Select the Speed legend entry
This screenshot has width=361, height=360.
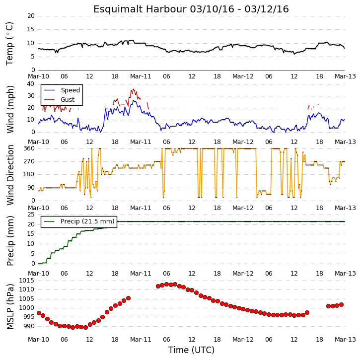pyautogui.click(x=71, y=90)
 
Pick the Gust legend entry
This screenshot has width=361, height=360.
pyautogui.click(x=68, y=100)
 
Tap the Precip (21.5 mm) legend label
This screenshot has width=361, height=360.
pyautogui.click(x=87, y=221)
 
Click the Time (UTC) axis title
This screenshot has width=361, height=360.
pyautogui.click(x=191, y=350)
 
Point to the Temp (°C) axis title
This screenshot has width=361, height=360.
pyautogui.click(x=9, y=44)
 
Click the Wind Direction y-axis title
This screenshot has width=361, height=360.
pyautogui.click(x=10, y=175)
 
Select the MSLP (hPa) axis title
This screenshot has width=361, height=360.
pyautogui.click(x=10, y=306)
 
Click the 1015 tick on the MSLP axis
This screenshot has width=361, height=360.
pyautogui.click(x=26, y=281)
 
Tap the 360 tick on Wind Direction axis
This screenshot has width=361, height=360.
pyautogui.click(x=29, y=148)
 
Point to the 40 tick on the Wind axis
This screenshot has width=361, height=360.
pyautogui.click(x=31, y=84)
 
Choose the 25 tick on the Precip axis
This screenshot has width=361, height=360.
pyautogui.click(x=31, y=215)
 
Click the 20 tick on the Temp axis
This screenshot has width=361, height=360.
pyautogui.click(x=31, y=16)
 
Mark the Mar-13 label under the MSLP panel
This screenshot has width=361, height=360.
pyautogui.click(x=345, y=340)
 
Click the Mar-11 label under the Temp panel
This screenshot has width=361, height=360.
pyautogui.click(x=141, y=76)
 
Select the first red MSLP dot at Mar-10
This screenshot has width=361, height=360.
pyautogui.click(x=39, y=313)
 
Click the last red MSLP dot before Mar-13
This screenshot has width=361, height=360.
pyautogui.click(x=342, y=305)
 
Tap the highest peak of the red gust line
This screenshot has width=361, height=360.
pyautogui.click(x=133, y=89)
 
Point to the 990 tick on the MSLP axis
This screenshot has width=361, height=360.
pyautogui.click(x=30, y=326)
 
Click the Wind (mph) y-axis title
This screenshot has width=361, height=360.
pyautogui.click(x=10, y=109)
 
